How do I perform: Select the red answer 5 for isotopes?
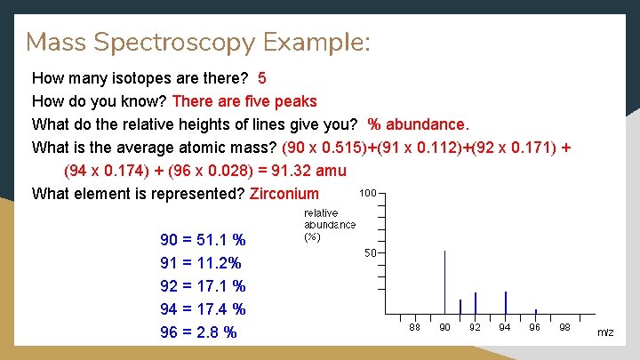click(x=262, y=78)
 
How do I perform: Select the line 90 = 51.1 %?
click(x=203, y=240)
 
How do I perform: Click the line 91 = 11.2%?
click(x=201, y=263)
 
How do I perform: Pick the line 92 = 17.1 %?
click(x=203, y=286)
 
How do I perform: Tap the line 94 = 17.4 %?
click(x=203, y=309)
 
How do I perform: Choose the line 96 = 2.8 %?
click(x=198, y=332)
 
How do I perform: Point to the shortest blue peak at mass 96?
click(x=535, y=311)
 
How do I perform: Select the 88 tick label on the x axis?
click(x=415, y=328)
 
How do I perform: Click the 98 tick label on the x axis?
click(x=565, y=328)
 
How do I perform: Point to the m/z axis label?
click(x=605, y=332)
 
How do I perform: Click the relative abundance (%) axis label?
click(x=329, y=225)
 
